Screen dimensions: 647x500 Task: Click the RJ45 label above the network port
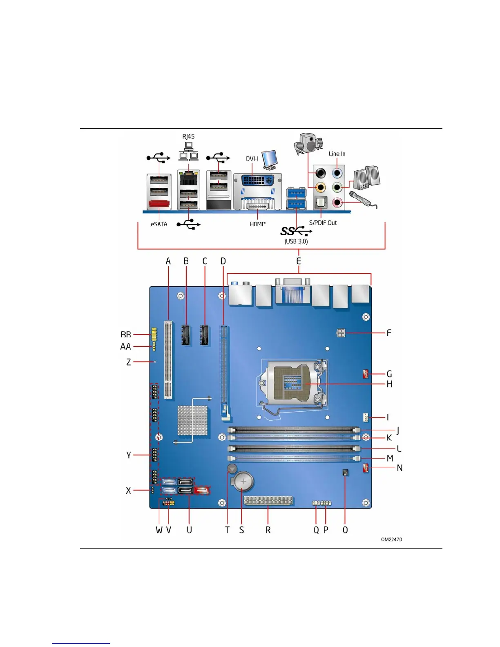coord(188,137)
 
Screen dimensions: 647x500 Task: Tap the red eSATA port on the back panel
coord(158,203)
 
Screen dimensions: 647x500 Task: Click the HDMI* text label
coord(258,224)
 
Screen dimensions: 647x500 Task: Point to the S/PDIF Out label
coord(323,223)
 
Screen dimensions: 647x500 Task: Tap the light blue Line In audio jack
coord(337,173)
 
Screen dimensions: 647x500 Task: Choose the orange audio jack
coord(321,187)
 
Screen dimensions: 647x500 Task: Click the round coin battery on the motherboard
coord(243,482)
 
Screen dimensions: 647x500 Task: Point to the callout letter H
coord(389,384)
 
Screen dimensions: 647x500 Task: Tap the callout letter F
coord(389,333)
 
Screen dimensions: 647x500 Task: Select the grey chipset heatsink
coord(192,420)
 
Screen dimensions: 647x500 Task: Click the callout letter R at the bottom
coord(268,530)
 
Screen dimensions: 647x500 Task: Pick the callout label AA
coord(125,347)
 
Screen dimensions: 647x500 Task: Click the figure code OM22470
coord(391,540)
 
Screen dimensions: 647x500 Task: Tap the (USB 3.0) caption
coord(296,241)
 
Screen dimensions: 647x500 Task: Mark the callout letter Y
coord(129,455)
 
